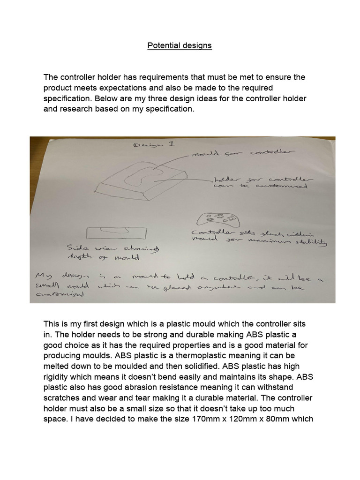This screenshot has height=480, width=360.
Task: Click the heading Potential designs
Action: click(180, 45)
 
